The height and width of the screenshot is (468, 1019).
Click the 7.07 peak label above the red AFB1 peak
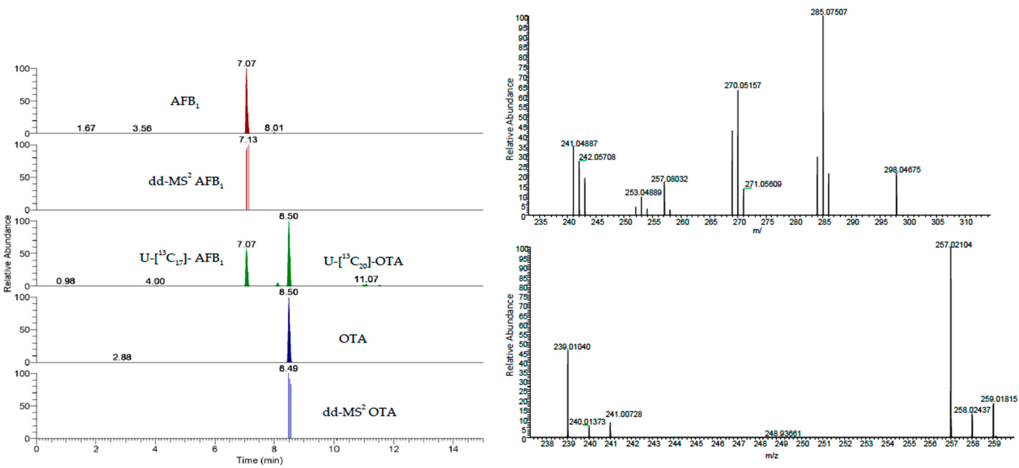coord(246,64)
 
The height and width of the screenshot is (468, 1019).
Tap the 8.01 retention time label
coord(274,128)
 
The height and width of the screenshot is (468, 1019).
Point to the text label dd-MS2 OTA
coord(359,412)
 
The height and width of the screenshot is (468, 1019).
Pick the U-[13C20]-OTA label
coord(363,261)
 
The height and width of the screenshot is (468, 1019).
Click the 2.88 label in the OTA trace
coord(122,357)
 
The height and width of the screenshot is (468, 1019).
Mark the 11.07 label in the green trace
coord(366,279)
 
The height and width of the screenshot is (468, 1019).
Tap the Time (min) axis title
coord(260,460)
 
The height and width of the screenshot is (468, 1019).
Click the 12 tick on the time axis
coord(394,449)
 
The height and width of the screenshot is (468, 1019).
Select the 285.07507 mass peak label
coord(829,12)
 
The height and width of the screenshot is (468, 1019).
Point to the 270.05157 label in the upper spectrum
coord(743,85)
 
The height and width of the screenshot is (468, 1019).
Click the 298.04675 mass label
coord(902,170)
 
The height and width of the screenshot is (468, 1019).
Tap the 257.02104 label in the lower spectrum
coord(953,245)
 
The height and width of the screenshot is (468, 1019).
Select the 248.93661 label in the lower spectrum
coord(783,433)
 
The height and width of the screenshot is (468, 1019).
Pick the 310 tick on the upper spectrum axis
coord(966,222)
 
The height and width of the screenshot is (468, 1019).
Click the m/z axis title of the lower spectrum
coord(771,456)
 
